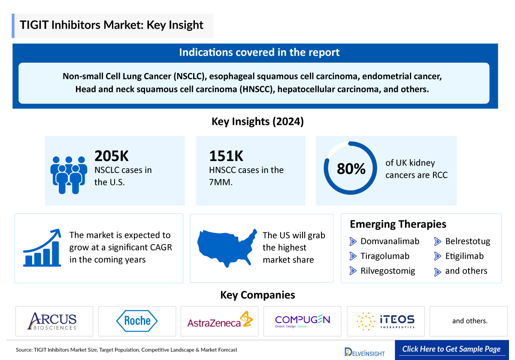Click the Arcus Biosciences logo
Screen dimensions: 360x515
[52, 321]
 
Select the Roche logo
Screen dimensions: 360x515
[137, 321]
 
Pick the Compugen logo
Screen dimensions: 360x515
[302, 321]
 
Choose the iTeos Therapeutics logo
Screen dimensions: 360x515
[385, 321]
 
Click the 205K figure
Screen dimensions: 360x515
[112, 156]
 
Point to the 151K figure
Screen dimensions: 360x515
[226, 156]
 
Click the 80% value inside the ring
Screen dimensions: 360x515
[351, 169]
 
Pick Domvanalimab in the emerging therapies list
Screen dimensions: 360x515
[390, 241]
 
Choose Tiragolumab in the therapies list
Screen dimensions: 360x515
[385, 256]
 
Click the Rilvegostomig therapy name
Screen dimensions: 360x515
[388, 271]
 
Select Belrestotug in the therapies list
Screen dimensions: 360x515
[467, 241]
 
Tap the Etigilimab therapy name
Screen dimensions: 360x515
[464, 256]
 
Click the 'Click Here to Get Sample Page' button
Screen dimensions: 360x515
[451, 349]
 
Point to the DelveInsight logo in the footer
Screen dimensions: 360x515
[364, 351]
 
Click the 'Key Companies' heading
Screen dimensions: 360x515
[257, 295]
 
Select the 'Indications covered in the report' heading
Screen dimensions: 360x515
[259, 52]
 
